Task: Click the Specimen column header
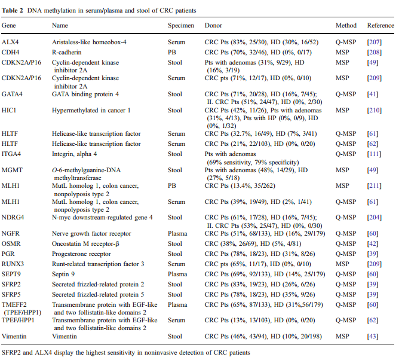181,25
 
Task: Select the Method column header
346,25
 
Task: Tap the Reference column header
380,25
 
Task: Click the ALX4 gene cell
10,42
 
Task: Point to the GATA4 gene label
12,94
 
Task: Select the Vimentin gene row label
14,336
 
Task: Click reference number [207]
375,42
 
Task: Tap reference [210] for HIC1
375,111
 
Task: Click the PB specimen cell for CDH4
172,53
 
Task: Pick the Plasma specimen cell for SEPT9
177,274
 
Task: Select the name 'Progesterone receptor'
81,254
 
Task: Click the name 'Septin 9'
63,274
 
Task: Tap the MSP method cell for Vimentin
342,336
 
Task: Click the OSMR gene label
11,243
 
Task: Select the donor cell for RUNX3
257,264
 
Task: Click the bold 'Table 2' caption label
13,11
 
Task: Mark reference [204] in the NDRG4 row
375,217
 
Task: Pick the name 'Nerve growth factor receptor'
91,233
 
